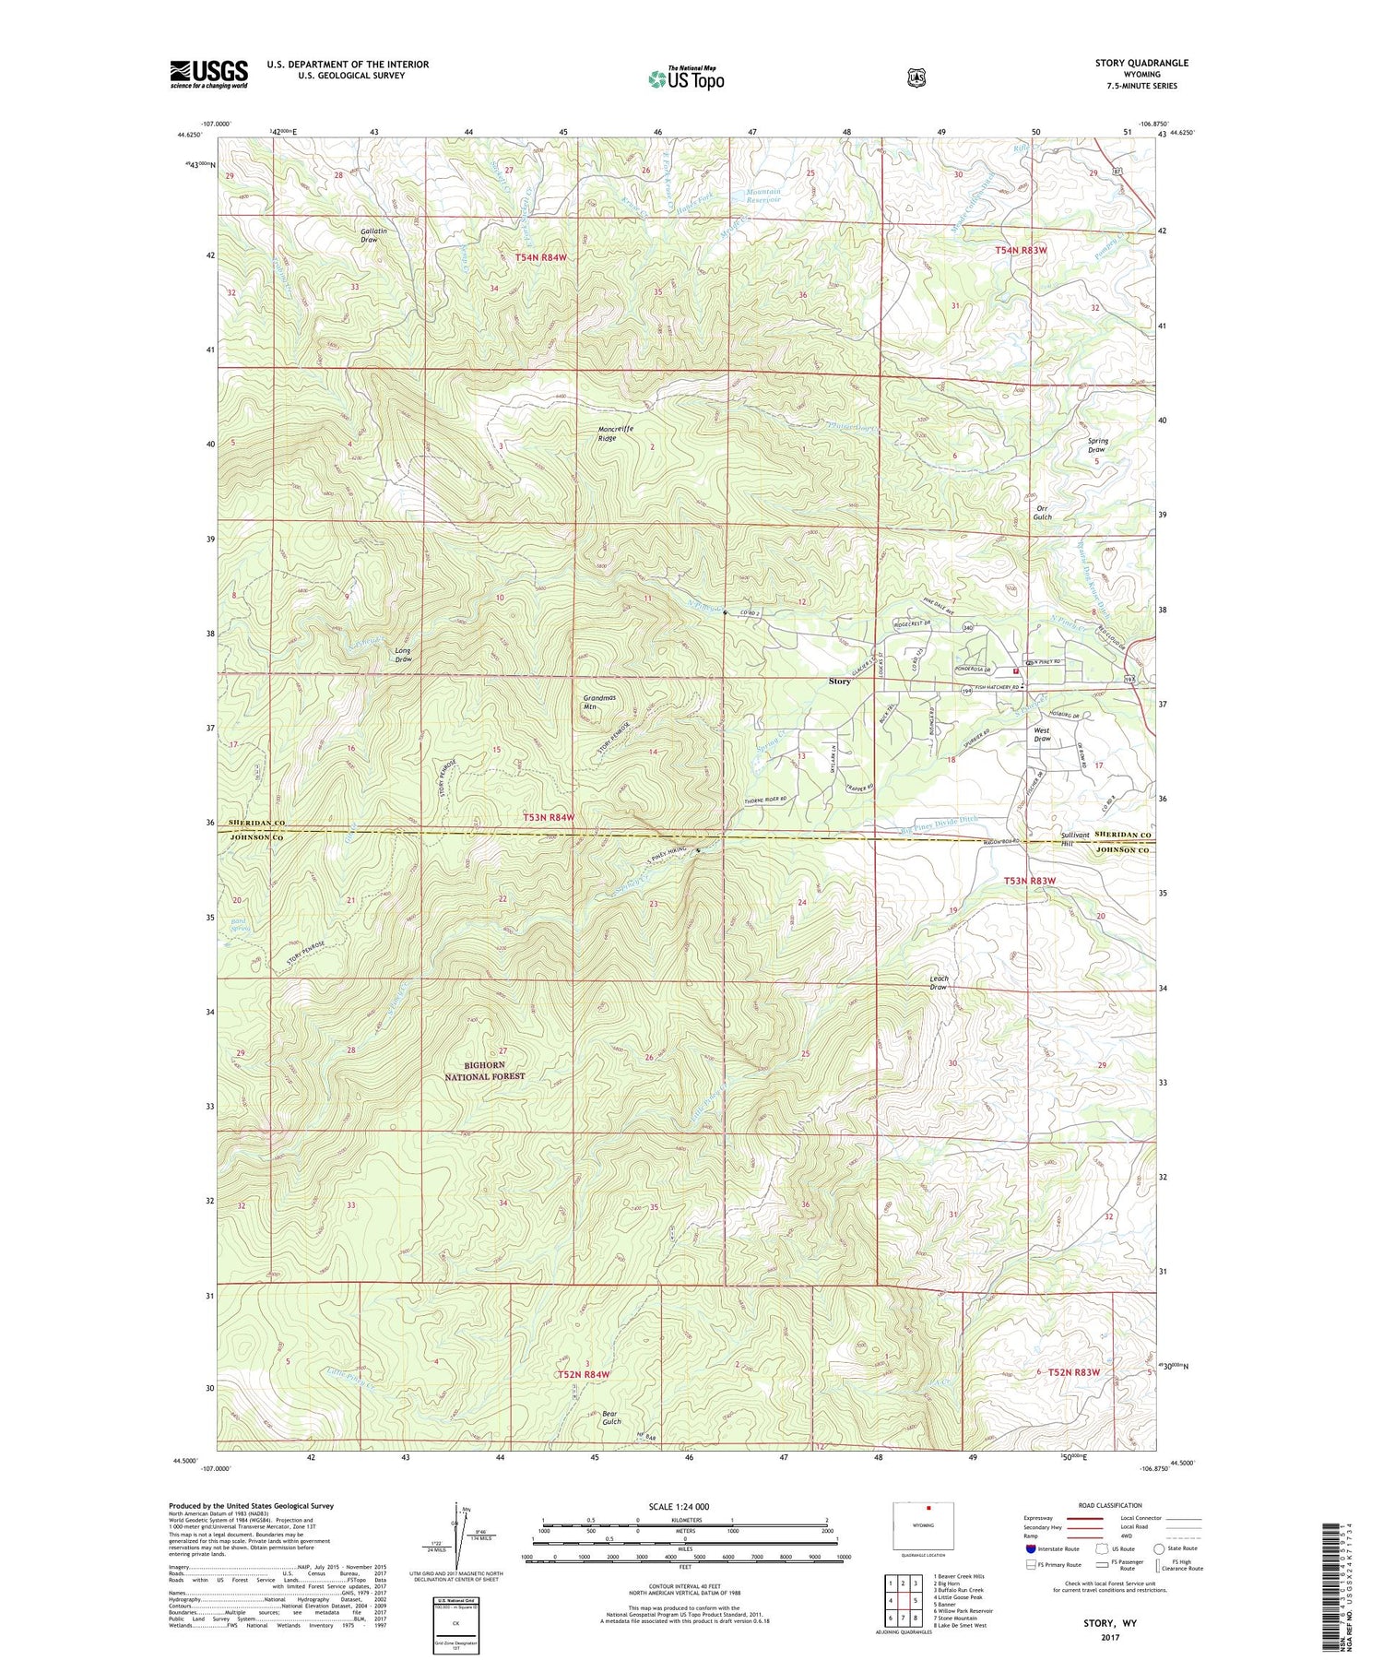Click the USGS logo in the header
tap(209, 74)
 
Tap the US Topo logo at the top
tap(686, 78)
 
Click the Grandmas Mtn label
tap(599, 702)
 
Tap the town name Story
tap(839, 682)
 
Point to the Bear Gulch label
tap(611, 1417)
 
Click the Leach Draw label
tap(939, 982)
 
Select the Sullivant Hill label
tap(1075, 838)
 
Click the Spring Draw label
tap(1097, 445)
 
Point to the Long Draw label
tap(403, 655)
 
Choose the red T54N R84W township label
tap(541, 257)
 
